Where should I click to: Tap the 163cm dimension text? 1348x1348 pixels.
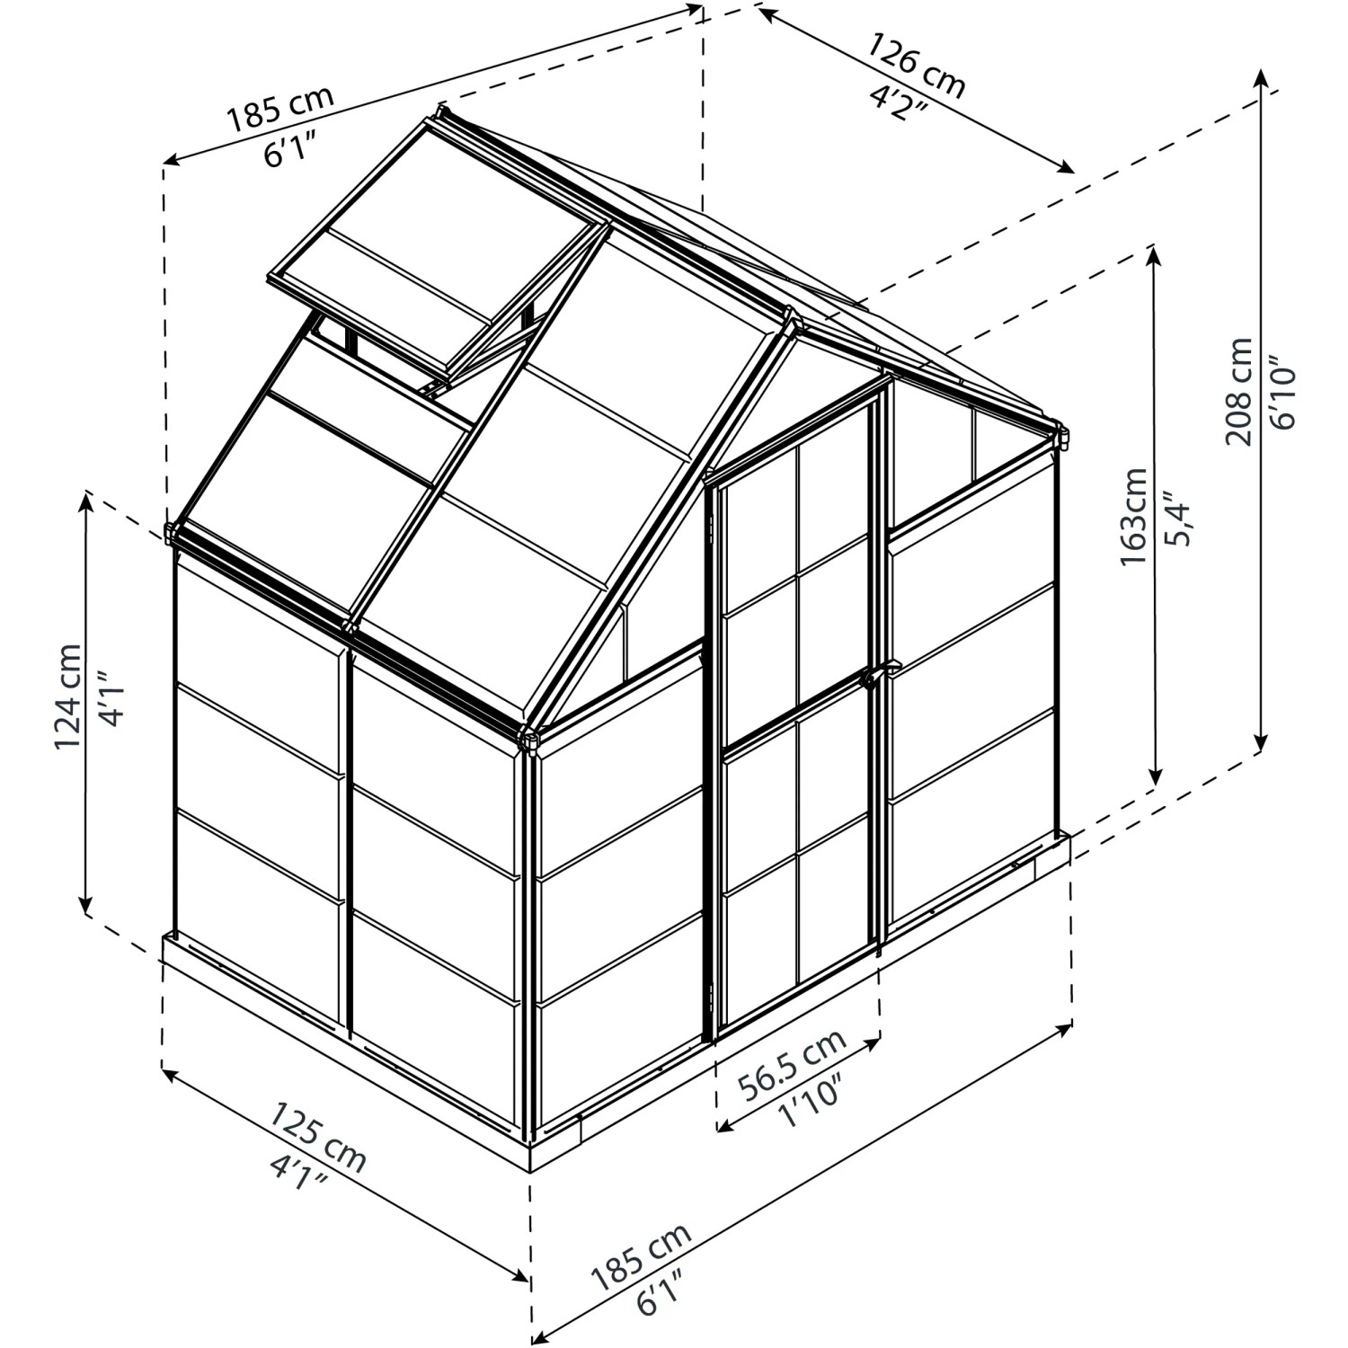pyautogui.click(x=1134, y=517)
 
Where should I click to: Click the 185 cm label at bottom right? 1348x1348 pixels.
pyautogui.click(x=640, y=1255)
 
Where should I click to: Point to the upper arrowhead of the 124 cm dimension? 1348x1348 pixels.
pyautogui.click(x=87, y=499)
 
